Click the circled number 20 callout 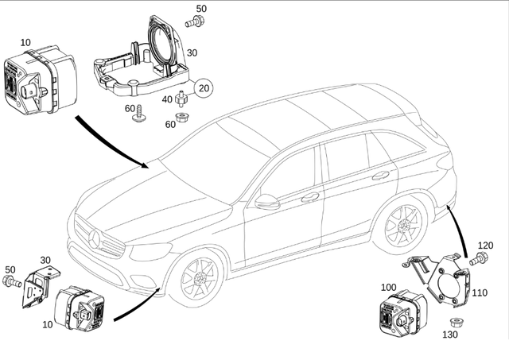pyautogui.click(x=204, y=88)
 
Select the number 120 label pyautogui.click(x=485, y=246)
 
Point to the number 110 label pyautogui.click(x=480, y=292)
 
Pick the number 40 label pyautogui.click(x=167, y=99)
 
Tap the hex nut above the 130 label pyautogui.click(x=457, y=322)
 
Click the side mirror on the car pyautogui.click(x=267, y=202)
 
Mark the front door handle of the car pyautogui.click(x=309, y=197)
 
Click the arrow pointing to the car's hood pyautogui.click(x=111, y=143)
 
